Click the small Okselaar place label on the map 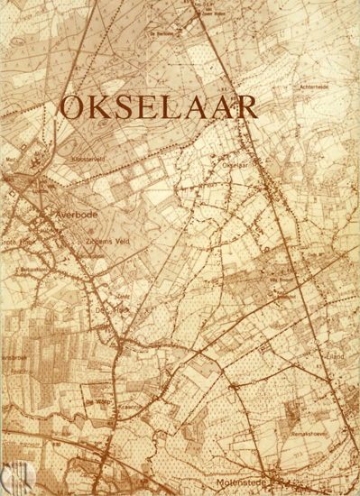click(x=234, y=166)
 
